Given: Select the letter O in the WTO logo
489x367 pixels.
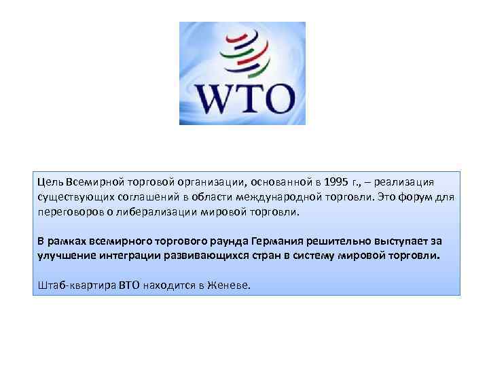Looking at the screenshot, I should pyautogui.click(x=278, y=99).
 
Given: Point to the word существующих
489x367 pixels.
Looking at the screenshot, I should pyautogui.click(x=73, y=197).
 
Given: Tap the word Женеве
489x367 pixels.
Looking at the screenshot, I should pyautogui.click(x=228, y=285).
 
